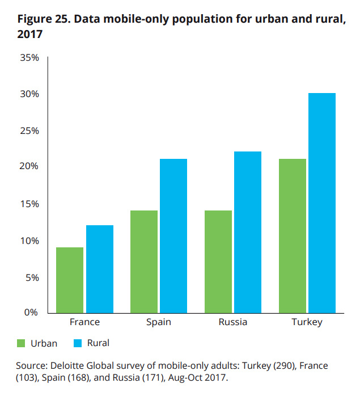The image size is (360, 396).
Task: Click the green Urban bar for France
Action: click(70, 280)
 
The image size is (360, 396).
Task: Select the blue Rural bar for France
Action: click(100, 269)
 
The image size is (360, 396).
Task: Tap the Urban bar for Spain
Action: click(144, 262)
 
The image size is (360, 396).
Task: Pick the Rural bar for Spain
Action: click(173, 236)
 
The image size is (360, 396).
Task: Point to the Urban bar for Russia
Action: click(218, 262)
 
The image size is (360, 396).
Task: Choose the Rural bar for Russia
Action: click(248, 232)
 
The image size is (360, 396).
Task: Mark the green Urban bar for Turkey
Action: click(293, 236)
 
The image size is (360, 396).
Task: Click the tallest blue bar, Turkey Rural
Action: click(322, 203)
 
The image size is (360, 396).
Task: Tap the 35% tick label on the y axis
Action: click(28, 58)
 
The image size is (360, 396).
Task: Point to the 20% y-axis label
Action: click(28, 167)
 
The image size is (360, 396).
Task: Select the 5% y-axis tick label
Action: click(31, 278)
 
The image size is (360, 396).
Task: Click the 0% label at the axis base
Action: click(31, 312)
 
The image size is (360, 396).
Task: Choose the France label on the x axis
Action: click(84, 322)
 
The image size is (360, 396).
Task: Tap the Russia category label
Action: click(232, 322)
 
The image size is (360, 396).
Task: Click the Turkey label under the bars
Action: click(307, 322)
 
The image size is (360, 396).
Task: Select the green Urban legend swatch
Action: click(22, 343)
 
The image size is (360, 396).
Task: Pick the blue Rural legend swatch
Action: click(78, 343)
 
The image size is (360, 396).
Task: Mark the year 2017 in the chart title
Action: click(30, 34)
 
